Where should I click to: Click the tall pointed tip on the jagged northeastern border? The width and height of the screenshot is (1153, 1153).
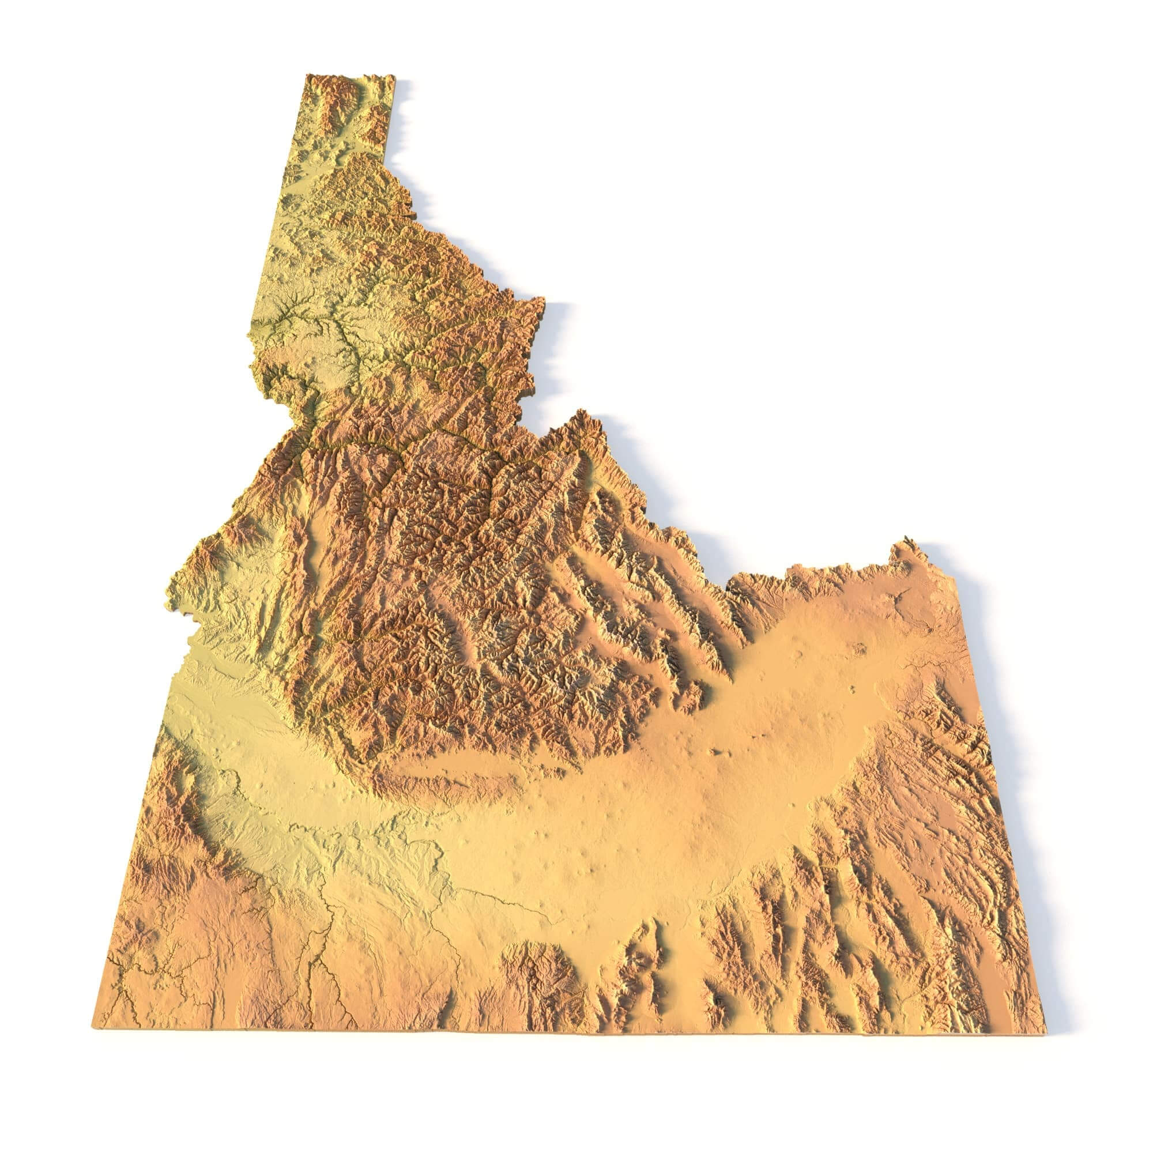click(579, 411)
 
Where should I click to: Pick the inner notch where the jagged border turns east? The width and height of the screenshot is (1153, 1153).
click(727, 591)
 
